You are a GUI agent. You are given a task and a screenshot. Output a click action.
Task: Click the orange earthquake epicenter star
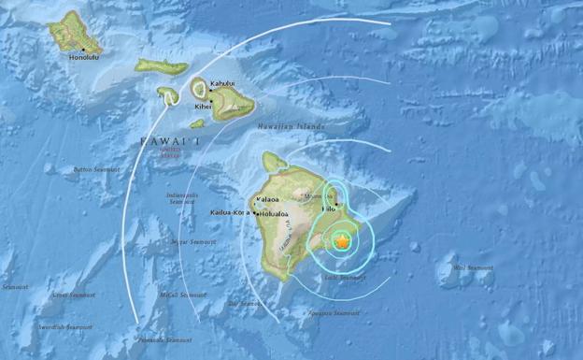click(x=342, y=241)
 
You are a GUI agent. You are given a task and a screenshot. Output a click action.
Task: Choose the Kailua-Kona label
click(x=228, y=214)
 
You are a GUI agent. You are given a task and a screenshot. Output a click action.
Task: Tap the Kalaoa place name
click(x=268, y=200)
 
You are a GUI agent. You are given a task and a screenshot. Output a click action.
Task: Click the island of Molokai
click(x=161, y=66)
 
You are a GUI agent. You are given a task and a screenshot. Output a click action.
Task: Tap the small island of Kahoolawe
click(x=197, y=123)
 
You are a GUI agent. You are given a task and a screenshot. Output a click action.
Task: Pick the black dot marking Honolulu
click(x=83, y=49)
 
